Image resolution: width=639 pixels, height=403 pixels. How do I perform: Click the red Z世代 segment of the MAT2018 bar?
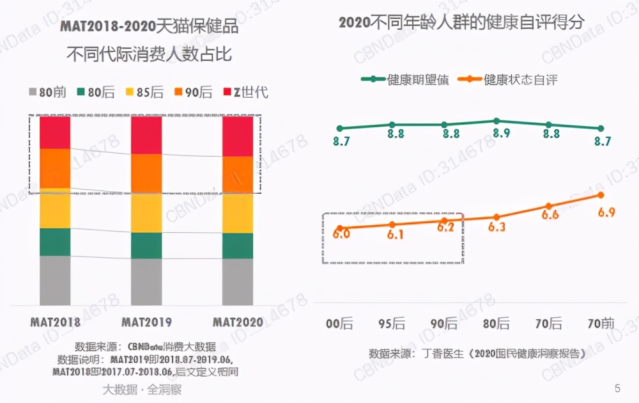click(55, 132)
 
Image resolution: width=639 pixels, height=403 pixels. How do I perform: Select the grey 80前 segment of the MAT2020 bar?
click(238, 281)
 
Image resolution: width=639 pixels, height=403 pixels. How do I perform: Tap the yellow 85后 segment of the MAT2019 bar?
click(146, 212)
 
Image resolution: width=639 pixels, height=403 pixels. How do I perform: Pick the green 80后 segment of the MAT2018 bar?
click(55, 242)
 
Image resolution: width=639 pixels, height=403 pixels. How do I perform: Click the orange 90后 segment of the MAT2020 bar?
click(238, 174)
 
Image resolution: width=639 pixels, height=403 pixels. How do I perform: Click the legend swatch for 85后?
click(127, 92)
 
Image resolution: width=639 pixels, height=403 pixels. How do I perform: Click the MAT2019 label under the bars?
click(147, 322)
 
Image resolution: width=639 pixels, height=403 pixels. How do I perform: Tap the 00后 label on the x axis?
click(339, 324)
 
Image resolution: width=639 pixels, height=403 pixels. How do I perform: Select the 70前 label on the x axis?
click(601, 324)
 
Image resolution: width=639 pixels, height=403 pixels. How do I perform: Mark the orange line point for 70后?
click(549, 206)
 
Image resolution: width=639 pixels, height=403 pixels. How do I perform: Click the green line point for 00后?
click(340, 129)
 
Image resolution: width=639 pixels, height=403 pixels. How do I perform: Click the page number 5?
click(617, 388)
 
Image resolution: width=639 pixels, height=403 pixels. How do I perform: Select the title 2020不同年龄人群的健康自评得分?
click(461, 23)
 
